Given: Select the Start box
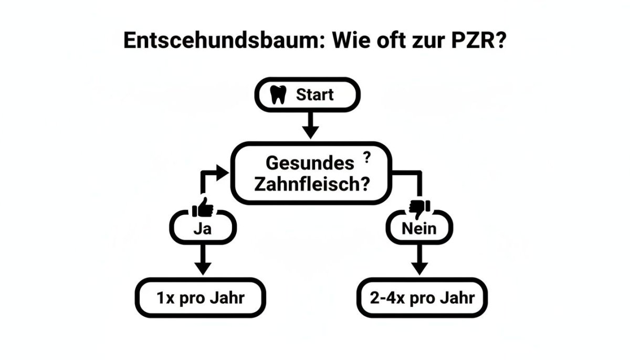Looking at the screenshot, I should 308,95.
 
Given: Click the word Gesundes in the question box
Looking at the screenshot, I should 310,163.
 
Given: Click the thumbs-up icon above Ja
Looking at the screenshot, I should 203,208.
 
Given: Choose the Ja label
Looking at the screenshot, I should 203,229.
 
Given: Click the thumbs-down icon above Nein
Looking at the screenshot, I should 419,208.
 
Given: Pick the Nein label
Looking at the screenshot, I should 419,229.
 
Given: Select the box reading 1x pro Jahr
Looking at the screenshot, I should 201,298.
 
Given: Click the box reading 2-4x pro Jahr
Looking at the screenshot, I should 422,298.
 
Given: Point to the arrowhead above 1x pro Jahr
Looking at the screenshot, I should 202,267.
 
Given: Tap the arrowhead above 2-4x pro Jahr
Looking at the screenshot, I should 419,267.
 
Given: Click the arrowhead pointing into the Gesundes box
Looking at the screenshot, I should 224,172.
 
